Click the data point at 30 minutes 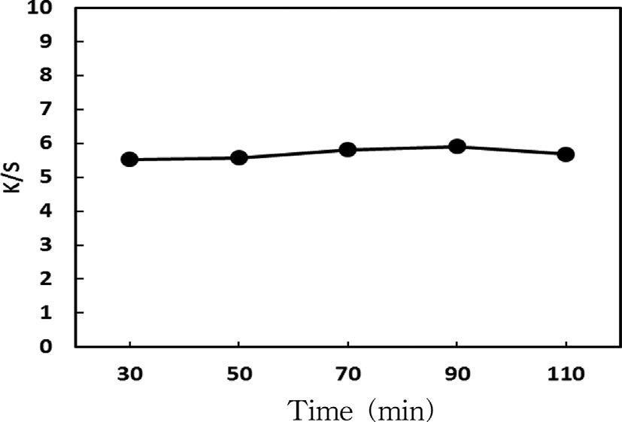129,159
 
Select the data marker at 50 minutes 239,158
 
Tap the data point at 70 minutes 347,150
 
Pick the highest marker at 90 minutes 457,147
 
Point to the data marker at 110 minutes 566,154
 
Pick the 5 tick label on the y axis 56,178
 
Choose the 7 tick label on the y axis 56,110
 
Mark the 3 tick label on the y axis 56,245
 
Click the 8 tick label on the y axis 56,76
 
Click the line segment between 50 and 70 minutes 293,154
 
